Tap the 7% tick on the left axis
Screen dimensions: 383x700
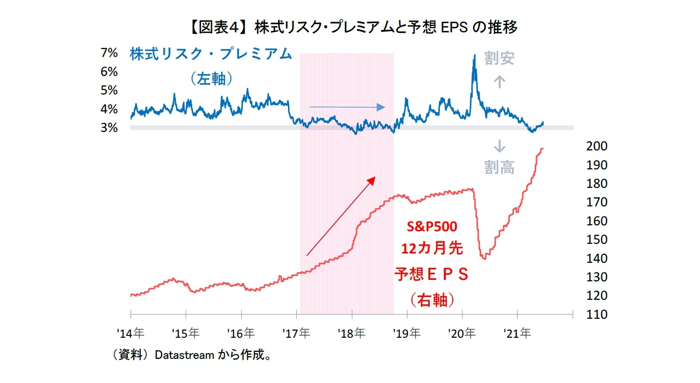(109, 53)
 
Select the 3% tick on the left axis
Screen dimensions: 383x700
(109, 128)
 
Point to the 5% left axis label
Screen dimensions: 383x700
(109, 90)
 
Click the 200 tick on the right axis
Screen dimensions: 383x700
(596, 146)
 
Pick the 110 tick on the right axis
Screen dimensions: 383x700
(596, 315)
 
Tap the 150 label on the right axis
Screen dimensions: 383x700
(596, 240)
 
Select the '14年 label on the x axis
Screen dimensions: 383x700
(131, 333)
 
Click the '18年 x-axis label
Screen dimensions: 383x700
(351, 333)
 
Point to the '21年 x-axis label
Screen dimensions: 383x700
(517, 333)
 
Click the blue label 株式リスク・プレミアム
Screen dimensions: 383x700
(211, 54)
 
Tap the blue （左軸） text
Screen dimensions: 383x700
(211, 79)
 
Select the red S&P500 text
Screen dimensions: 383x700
(432, 227)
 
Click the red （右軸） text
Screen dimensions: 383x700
(432, 300)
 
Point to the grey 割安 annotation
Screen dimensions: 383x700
(499, 59)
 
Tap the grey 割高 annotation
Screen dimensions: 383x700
(499, 167)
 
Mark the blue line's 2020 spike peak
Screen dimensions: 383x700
(474, 56)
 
